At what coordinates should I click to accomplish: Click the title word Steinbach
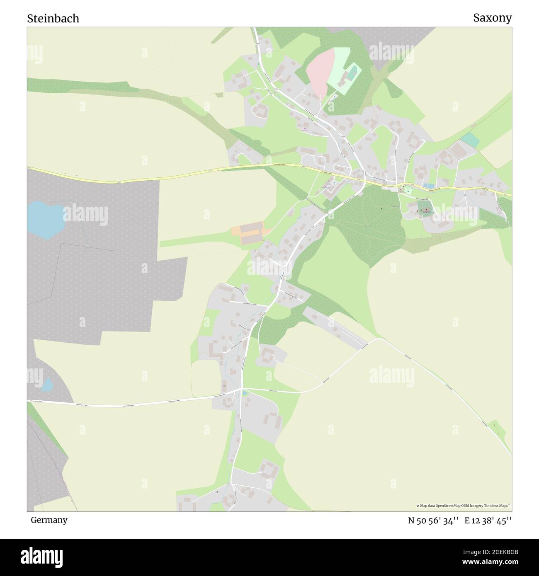click(x=53, y=19)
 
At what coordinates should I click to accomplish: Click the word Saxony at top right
click(x=492, y=18)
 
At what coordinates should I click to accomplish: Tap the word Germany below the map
click(x=49, y=520)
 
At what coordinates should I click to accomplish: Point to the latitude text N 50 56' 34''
click(x=433, y=520)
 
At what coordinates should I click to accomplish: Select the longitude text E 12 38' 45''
click(x=488, y=520)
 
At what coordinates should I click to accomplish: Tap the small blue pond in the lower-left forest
click(x=48, y=385)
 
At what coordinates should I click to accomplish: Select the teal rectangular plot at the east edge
click(x=470, y=140)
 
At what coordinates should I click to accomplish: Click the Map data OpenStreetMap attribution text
click(x=463, y=506)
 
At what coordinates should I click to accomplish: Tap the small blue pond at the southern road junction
click(x=245, y=392)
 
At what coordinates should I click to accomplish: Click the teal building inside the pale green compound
click(x=352, y=73)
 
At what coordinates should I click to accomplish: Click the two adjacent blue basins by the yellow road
click(x=428, y=186)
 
